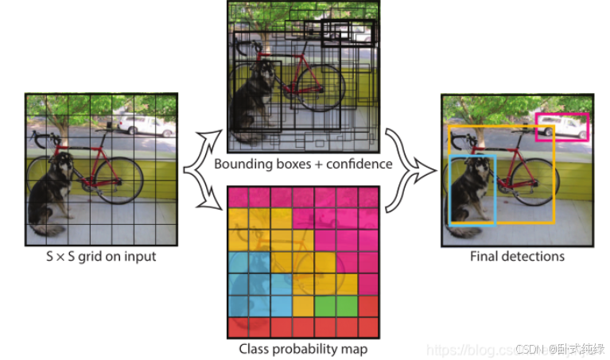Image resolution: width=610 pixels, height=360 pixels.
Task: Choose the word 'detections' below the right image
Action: click(x=534, y=256)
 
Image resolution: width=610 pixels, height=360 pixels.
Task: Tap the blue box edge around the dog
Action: click(x=451, y=191)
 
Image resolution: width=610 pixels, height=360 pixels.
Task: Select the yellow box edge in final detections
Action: click(x=553, y=183)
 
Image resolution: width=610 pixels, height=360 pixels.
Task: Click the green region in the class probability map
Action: click(x=335, y=305)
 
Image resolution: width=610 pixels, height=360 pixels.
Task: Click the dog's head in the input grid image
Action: click(x=60, y=163)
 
